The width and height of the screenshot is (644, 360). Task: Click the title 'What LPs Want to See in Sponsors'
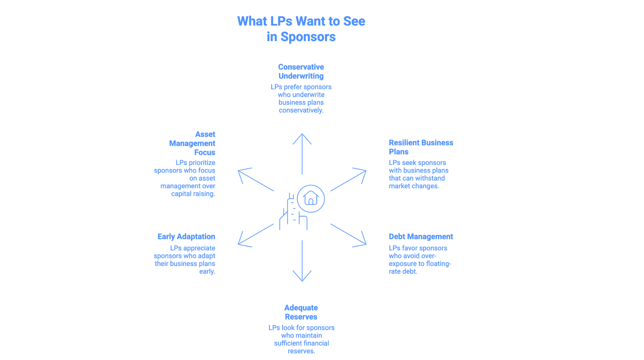[x=301, y=29]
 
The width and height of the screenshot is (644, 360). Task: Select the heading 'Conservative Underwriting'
[x=301, y=71]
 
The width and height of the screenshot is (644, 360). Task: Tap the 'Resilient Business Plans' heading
[x=421, y=147]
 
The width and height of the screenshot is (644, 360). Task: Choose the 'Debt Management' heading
[x=421, y=237]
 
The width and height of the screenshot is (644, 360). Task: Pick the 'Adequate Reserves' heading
[x=301, y=312]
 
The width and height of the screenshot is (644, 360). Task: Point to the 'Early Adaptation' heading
[x=186, y=237]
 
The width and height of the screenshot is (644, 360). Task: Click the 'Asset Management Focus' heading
[x=192, y=143]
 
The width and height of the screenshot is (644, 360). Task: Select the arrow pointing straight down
[x=302, y=261]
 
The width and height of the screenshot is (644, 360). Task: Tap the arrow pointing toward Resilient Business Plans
[x=349, y=180]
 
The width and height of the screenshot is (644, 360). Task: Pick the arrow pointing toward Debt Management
[x=349, y=235]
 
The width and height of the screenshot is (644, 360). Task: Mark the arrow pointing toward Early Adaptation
[x=255, y=235]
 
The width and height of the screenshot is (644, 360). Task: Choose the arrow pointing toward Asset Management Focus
[x=255, y=180]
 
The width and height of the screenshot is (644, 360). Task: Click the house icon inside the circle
[x=310, y=198]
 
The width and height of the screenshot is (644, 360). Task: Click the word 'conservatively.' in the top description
[x=301, y=110]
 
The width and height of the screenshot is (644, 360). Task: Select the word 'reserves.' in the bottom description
[x=301, y=351]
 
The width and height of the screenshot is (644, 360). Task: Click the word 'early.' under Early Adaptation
[x=207, y=271]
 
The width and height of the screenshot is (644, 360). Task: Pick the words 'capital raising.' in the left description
[x=193, y=194]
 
